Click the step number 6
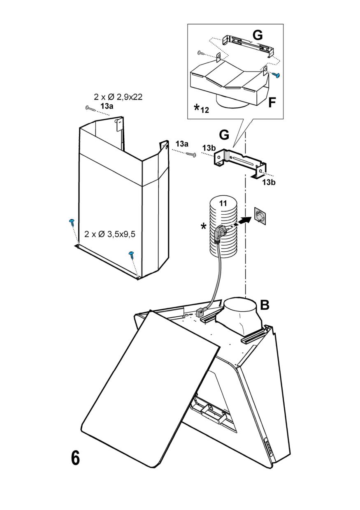click(75, 458)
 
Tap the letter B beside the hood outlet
click(265, 305)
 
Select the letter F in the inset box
click(272, 102)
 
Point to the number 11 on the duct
click(223, 203)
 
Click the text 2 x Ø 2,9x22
click(118, 97)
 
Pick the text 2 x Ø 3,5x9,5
click(110, 234)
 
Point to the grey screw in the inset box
click(201, 52)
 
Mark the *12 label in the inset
click(202, 109)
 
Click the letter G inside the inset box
click(258, 35)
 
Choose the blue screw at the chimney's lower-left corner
click(72, 222)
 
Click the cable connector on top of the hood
click(201, 313)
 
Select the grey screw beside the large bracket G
click(190, 154)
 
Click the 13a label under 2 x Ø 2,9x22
click(107, 107)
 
